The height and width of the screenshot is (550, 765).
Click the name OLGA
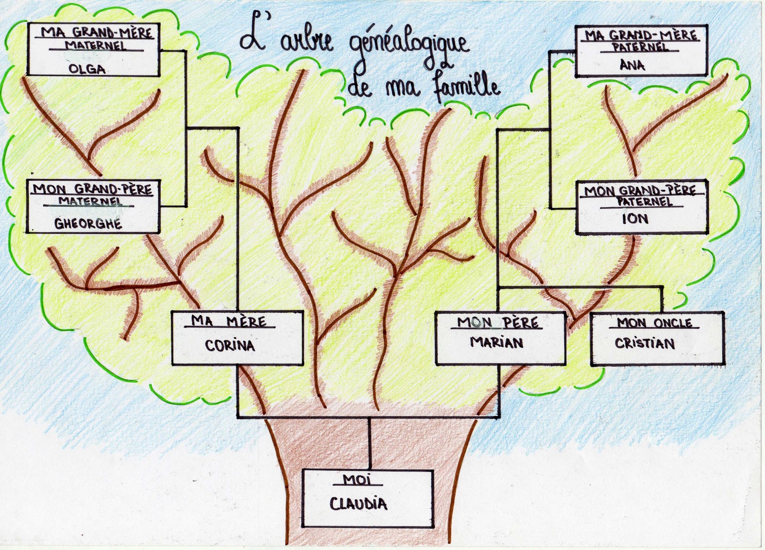click(x=87, y=69)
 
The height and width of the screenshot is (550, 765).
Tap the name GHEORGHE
click(x=88, y=223)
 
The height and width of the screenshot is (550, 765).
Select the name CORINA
click(x=230, y=345)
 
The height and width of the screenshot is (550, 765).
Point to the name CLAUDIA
click(x=358, y=503)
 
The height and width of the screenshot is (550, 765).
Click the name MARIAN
click(x=497, y=342)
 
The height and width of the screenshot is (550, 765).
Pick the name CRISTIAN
click(x=645, y=343)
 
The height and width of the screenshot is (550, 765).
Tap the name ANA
click(x=632, y=65)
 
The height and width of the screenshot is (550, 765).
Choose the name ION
click(x=635, y=219)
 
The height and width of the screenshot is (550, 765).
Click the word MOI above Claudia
click(x=357, y=479)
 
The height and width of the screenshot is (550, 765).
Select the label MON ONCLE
click(x=654, y=323)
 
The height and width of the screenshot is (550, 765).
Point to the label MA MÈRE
click(x=229, y=320)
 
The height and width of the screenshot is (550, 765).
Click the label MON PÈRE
click(x=498, y=323)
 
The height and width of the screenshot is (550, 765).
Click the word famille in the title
click(x=467, y=88)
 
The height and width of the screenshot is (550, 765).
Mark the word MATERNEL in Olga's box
click(x=96, y=45)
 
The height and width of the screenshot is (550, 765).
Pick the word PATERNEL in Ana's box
click(x=640, y=47)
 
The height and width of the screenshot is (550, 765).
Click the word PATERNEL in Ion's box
click(x=644, y=201)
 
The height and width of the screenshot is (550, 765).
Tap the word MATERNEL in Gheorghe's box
click(x=90, y=201)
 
